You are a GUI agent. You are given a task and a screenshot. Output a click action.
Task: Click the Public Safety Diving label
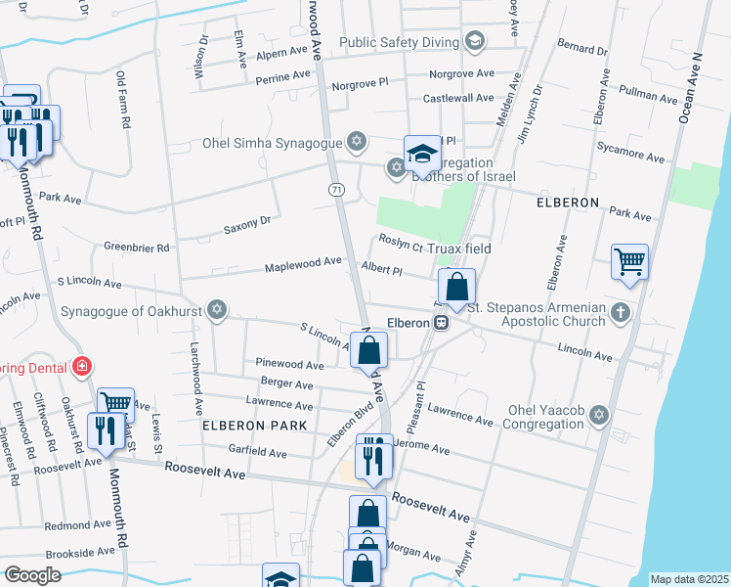[400, 42]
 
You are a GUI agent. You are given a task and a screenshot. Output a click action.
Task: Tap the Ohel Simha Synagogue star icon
[357, 143]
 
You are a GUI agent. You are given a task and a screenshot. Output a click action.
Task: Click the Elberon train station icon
[442, 322]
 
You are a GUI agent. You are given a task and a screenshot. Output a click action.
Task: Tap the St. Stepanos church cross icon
[620, 314]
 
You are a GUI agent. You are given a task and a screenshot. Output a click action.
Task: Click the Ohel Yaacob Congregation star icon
[599, 417]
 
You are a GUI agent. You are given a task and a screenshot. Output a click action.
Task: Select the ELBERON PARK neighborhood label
[254, 426]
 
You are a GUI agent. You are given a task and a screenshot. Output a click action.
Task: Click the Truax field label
[464, 248]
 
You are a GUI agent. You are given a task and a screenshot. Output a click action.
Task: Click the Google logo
[32, 574]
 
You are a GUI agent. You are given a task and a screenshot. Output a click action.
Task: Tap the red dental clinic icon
[82, 367]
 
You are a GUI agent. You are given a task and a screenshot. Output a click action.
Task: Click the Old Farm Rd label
[123, 90]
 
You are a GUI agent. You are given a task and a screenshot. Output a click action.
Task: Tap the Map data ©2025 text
[689, 579]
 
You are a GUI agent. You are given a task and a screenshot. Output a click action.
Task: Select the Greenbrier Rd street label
[137, 248]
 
